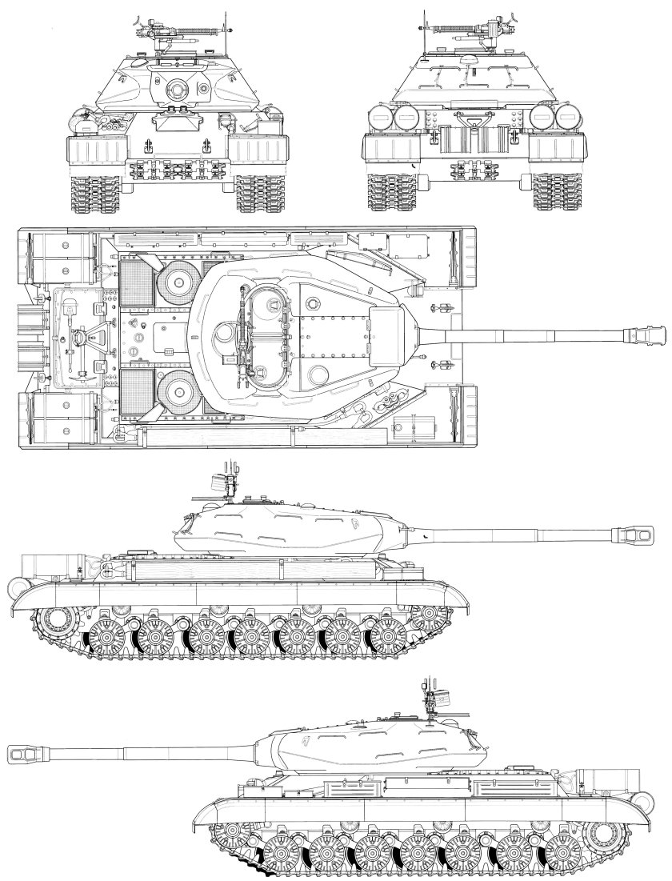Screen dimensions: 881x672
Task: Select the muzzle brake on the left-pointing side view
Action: (x=22, y=753)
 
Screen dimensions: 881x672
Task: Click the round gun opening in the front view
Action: (x=173, y=92)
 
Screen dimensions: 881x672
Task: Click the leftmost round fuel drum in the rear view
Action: (x=383, y=117)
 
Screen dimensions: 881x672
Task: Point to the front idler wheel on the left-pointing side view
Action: (x=231, y=837)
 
